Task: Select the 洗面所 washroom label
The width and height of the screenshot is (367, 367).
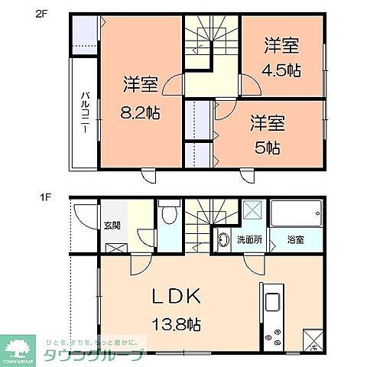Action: click(x=249, y=239)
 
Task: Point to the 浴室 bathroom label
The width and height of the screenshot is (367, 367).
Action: click(x=296, y=239)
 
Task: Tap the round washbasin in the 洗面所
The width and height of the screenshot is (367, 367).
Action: click(x=222, y=239)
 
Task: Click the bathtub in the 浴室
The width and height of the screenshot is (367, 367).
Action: click(x=294, y=214)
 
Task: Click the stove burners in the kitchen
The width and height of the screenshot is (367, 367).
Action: click(x=273, y=338)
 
